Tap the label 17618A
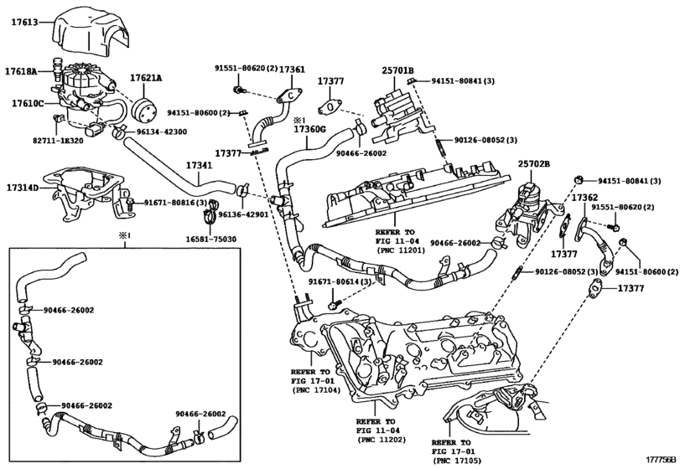(23, 72)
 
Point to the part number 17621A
(146, 78)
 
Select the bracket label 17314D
(23, 188)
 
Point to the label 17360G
(310, 131)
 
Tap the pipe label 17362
(584, 198)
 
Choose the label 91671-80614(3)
(341, 283)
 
